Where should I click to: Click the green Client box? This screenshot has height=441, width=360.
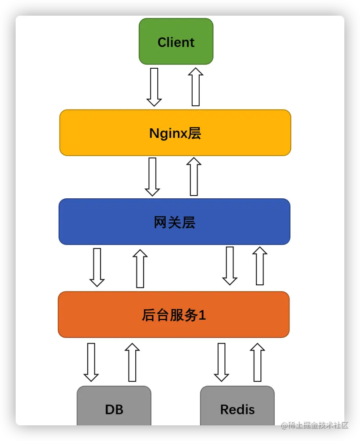pos(176,42)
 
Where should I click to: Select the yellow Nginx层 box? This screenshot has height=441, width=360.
pos(175,133)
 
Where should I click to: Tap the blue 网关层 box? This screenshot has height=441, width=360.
pos(174,222)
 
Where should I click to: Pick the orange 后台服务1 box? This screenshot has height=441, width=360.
pos(173,314)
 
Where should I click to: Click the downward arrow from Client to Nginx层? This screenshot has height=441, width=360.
pos(154,87)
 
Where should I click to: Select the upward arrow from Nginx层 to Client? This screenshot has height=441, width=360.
pos(196,87)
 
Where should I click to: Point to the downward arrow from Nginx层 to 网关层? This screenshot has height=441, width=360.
pos(152,177)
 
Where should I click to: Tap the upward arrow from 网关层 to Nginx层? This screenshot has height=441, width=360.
pos(194,177)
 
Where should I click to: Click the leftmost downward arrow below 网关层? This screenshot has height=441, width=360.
pos(97,267)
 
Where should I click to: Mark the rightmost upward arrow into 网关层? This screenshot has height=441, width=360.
pos(260,266)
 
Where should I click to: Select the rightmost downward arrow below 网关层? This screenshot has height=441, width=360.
pos(230,266)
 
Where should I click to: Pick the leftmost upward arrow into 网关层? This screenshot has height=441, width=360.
pos(140,269)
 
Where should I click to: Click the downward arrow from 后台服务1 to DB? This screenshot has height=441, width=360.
pos(91,362)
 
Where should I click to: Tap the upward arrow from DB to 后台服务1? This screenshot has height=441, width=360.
pos(132,362)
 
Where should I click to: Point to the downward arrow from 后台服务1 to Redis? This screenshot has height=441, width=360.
pos(221,362)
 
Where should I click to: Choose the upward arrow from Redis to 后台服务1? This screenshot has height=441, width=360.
pos(257,362)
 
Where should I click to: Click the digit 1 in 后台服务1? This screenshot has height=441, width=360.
pos(202,315)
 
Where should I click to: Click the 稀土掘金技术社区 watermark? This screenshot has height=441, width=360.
pos(314,425)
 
